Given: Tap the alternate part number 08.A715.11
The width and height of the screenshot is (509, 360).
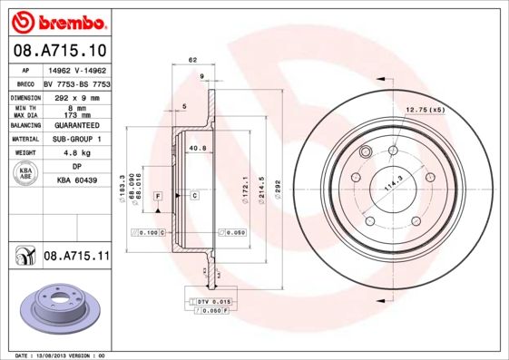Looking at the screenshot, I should click(x=76, y=257).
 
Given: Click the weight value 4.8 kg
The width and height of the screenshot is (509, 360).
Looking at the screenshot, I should click(x=75, y=153).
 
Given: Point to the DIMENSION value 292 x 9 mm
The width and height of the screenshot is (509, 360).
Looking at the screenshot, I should click(x=75, y=96).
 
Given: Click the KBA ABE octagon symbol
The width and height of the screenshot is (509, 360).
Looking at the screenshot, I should click(x=27, y=173).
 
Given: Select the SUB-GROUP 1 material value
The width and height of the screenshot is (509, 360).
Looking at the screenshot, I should click(x=75, y=139).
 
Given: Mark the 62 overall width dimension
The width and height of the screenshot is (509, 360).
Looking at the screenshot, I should click(x=192, y=60).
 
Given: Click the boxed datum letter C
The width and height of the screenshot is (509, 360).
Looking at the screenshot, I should click(x=194, y=195).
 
